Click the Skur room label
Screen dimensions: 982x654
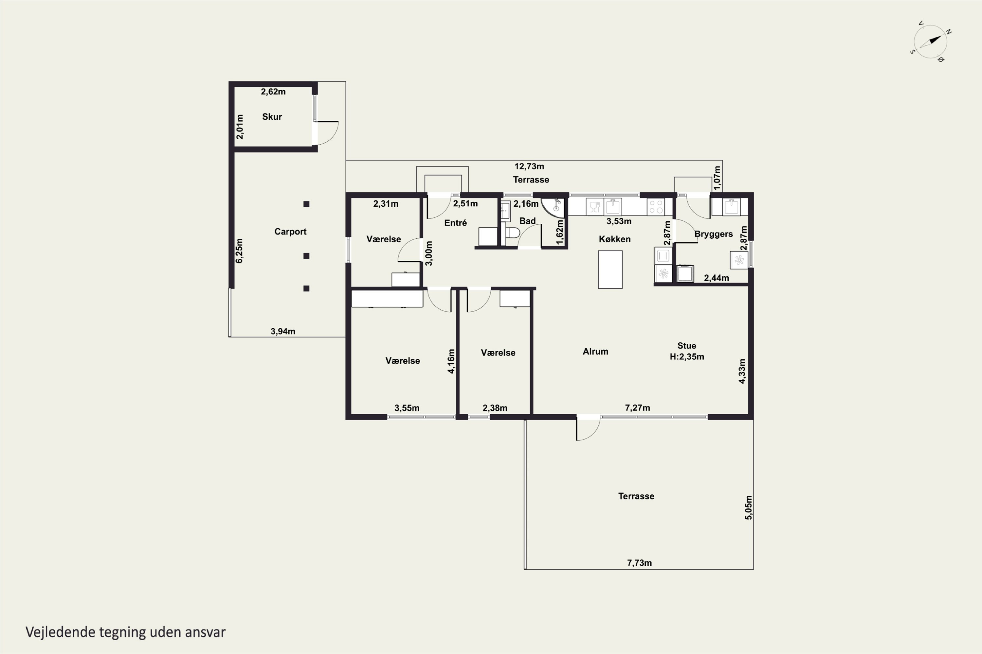click(272, 117)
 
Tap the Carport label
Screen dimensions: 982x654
click(290, 232)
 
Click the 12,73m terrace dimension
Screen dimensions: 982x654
click(529, 166)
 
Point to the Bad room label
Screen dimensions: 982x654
click(527, 221)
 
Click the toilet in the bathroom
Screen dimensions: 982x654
click(512, 232)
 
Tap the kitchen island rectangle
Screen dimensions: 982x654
click(610, 269)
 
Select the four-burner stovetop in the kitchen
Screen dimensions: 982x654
click(656, 207)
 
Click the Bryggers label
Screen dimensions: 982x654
click(714, 234)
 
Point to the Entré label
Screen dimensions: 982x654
click(456, 223)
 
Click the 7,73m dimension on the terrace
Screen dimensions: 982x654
click(639, 563)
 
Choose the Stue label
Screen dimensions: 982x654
click(687, 346)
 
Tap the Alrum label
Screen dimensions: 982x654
click(595, 352)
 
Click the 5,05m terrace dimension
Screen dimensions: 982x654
click(749, 508)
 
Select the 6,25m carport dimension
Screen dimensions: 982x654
click(239, 251)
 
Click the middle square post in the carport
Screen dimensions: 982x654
click(306, 256)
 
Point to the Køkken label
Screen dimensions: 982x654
click(615, 239)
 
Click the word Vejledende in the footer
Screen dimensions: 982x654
click(61, 632)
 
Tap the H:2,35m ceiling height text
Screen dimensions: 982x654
click(687, 357)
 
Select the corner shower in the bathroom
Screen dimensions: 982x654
click(553, 208)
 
